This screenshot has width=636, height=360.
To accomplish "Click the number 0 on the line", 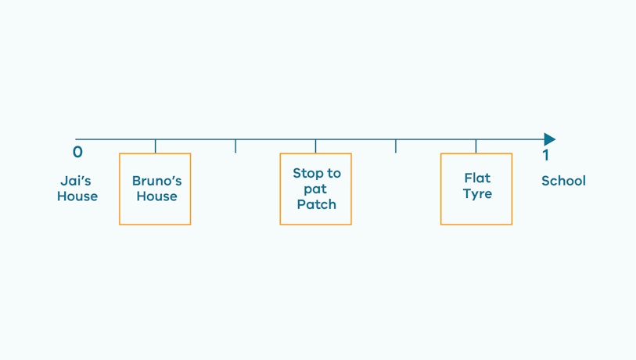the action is (77, 152).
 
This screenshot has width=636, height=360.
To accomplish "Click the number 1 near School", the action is (546, 155).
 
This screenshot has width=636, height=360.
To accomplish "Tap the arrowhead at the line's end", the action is (550, 139).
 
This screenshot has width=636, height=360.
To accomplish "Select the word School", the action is (563, 181).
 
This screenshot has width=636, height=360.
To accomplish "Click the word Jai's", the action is (76, 181).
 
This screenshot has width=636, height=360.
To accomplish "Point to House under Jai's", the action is (77, 196).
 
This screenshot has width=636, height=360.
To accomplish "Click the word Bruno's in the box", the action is (157, 181).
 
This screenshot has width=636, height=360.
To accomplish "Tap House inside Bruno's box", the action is (157, 196).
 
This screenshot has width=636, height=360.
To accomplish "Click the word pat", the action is (315, 189).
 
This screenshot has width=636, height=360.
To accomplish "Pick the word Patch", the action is (316, 204).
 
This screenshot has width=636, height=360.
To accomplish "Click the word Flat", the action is (477, 178).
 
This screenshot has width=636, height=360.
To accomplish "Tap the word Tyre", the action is (477, 194).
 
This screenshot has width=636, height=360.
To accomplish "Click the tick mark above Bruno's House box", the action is (156, 146).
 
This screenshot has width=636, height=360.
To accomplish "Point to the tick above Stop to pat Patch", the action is (315, 146).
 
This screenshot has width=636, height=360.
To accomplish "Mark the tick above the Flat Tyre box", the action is (476, 146).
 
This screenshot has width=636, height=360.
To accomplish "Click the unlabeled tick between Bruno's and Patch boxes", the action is (235, 146).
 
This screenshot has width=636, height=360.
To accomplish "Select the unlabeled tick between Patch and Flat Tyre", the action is (396, 146).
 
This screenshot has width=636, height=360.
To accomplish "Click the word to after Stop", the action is (334, 174).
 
